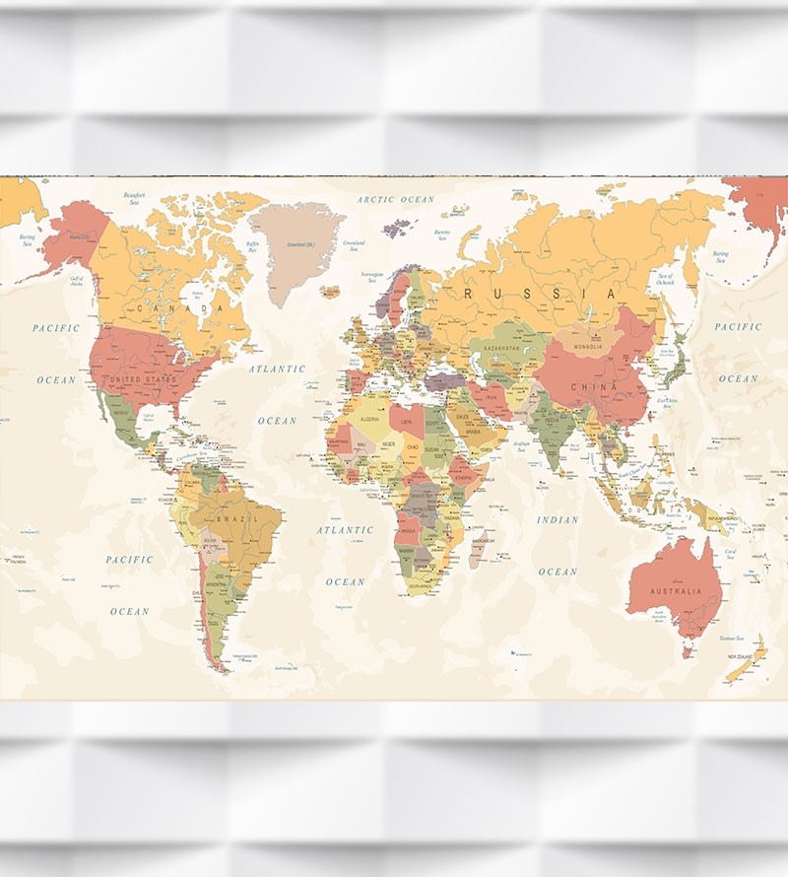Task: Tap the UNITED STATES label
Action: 144,379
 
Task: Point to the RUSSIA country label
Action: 541,294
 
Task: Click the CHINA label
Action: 595,387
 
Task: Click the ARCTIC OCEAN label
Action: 396,200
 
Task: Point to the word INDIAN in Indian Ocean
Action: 558,520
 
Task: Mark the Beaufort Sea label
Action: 135,199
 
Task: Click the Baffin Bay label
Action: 253,246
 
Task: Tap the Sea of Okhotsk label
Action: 666,279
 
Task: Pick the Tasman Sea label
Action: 731,639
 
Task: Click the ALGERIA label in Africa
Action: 368,420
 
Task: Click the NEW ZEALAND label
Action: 744,656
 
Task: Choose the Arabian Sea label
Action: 521,445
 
